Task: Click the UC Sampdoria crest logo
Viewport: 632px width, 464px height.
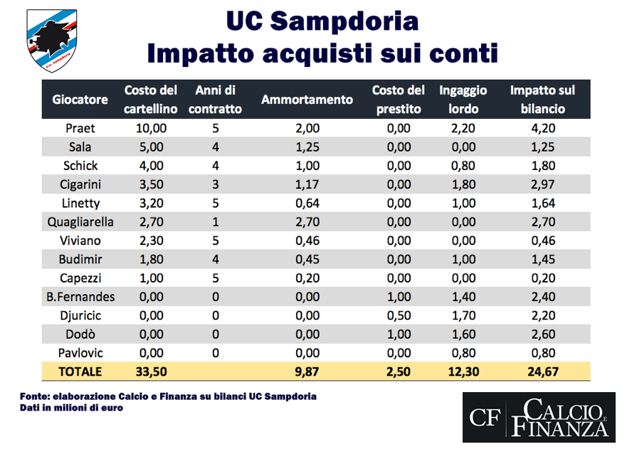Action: tap(52, 41)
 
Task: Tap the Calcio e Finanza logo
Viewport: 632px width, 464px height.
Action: tap(538, 418)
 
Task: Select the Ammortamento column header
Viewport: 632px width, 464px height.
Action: tap(307, 100)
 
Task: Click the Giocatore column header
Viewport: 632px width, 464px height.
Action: tap(80, 100)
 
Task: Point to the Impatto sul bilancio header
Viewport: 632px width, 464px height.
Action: tap(542, 100)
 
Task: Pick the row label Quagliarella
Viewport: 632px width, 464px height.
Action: tap(80, 221)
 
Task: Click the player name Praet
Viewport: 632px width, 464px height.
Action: tap(80, 129)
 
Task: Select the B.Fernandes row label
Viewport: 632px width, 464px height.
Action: tap(80, 296)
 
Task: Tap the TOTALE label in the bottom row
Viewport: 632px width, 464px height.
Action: tap(80, 371)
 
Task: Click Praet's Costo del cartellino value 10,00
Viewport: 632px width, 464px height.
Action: tap(151, 129)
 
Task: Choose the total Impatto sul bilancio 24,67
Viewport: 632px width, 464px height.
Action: tap(542, 371)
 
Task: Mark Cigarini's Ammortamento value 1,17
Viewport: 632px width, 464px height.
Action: tap(307, 184)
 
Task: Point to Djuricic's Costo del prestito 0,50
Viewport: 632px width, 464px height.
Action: tap(398, 315)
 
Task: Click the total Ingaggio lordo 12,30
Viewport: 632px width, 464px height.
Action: tap(463, 371)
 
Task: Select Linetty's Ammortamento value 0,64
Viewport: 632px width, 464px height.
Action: tap(307, 203)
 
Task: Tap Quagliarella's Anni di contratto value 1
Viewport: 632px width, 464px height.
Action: tap(215, 221)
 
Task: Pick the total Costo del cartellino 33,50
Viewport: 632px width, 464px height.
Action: tap(151, 371)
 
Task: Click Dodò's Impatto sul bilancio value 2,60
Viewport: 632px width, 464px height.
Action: tap(542, 333)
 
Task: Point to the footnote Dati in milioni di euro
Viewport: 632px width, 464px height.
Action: tap(70, 408)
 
